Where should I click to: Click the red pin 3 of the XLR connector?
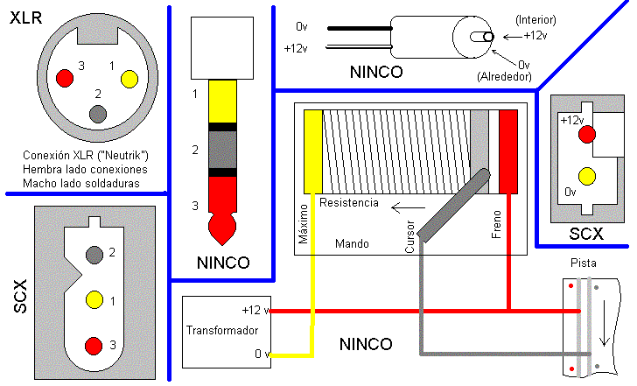click(64, 78)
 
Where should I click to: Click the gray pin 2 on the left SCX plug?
click(94, 255)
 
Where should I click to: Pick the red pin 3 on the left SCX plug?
click(94, 345)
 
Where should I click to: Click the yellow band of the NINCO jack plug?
click(223, 101)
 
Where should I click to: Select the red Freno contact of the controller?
click(508, 151)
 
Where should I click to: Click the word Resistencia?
click(349, 203)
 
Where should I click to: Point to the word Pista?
click(584, 262)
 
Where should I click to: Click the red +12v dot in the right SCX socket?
click(587, 134)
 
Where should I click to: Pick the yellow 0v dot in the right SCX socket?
click(587, 176)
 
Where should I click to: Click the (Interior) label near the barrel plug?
click(535, 19)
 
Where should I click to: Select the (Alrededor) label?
click(506, 77)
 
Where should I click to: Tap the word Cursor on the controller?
click(410, 235)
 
